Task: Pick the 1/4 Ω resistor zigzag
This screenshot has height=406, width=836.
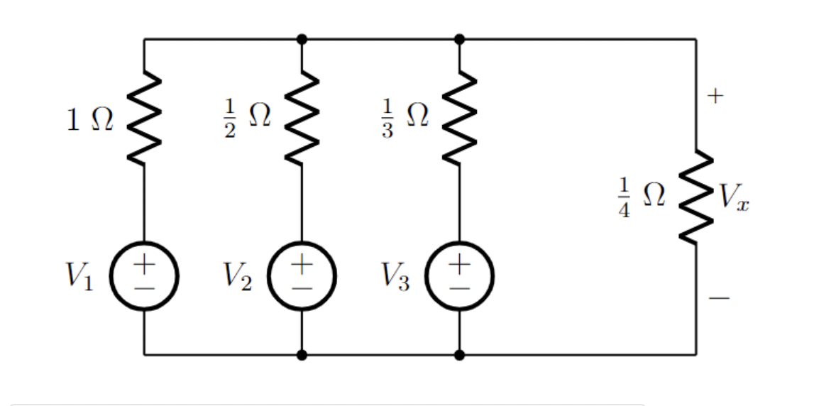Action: point(695,197)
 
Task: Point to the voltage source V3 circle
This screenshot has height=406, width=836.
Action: point(459,276)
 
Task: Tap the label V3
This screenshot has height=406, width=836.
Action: point(393,276)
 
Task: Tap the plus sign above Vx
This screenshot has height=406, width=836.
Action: point(717,94)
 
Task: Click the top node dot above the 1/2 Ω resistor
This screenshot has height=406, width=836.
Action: point(302,39)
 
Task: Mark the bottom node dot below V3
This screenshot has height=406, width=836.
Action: point(459,354)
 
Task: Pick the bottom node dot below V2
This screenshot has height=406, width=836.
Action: point(302,354)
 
